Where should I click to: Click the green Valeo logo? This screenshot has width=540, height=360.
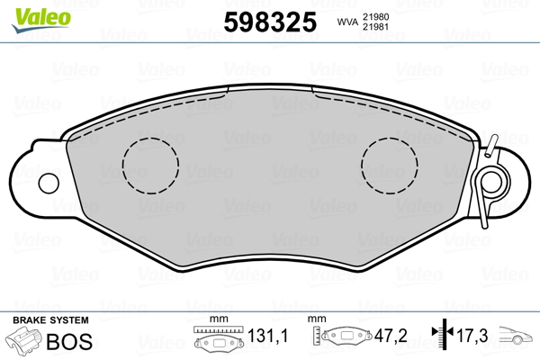coord(41,20)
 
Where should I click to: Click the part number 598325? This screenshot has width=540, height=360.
coord(270,22)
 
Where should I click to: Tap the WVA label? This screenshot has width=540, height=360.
coord(347,22)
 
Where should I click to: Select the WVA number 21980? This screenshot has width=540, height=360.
coord(375,17)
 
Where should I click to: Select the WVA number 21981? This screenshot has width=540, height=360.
coord(375,27)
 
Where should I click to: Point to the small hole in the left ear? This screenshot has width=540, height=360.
coord(49,184)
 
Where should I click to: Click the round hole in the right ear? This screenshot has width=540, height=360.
coord(490,183)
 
